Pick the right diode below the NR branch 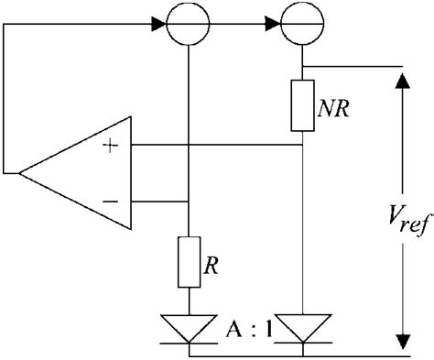pyautogui.click(x=303, y=328)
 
